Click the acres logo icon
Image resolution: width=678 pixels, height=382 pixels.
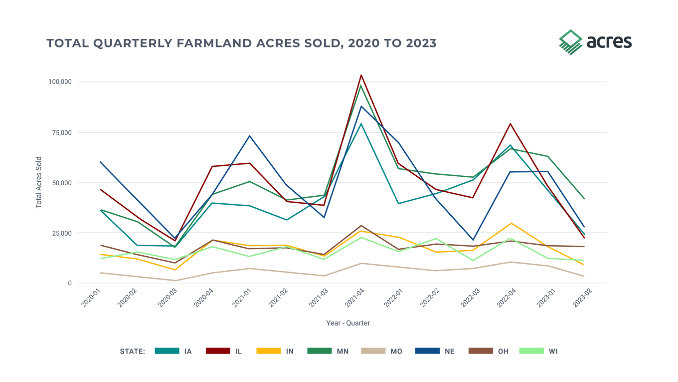coord(570,41)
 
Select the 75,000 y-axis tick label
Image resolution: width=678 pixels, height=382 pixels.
coord(63,132)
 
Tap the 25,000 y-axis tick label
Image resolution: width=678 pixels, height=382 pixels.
coord(63,233)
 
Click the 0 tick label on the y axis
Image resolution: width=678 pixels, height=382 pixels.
coord(70,283)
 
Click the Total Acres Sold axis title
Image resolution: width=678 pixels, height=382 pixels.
coord(39,182)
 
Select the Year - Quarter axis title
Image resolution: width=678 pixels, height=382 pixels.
coord(347,323)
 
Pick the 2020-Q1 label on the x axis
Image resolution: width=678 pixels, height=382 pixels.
coord(91,299)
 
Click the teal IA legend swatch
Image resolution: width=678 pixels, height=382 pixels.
coord(167,351)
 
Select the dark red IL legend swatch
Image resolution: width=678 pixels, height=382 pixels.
coord(218,351)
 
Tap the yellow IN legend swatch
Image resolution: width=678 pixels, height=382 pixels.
coord(269,351)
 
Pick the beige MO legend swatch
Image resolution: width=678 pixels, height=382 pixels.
coord(373,351)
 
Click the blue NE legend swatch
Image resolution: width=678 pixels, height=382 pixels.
coord(427,351)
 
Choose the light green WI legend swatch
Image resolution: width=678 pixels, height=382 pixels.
coord(531,351)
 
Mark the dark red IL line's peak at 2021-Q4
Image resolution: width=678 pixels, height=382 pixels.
coord(361,75)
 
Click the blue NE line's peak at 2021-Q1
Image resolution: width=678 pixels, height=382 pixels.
coord(249,136)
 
